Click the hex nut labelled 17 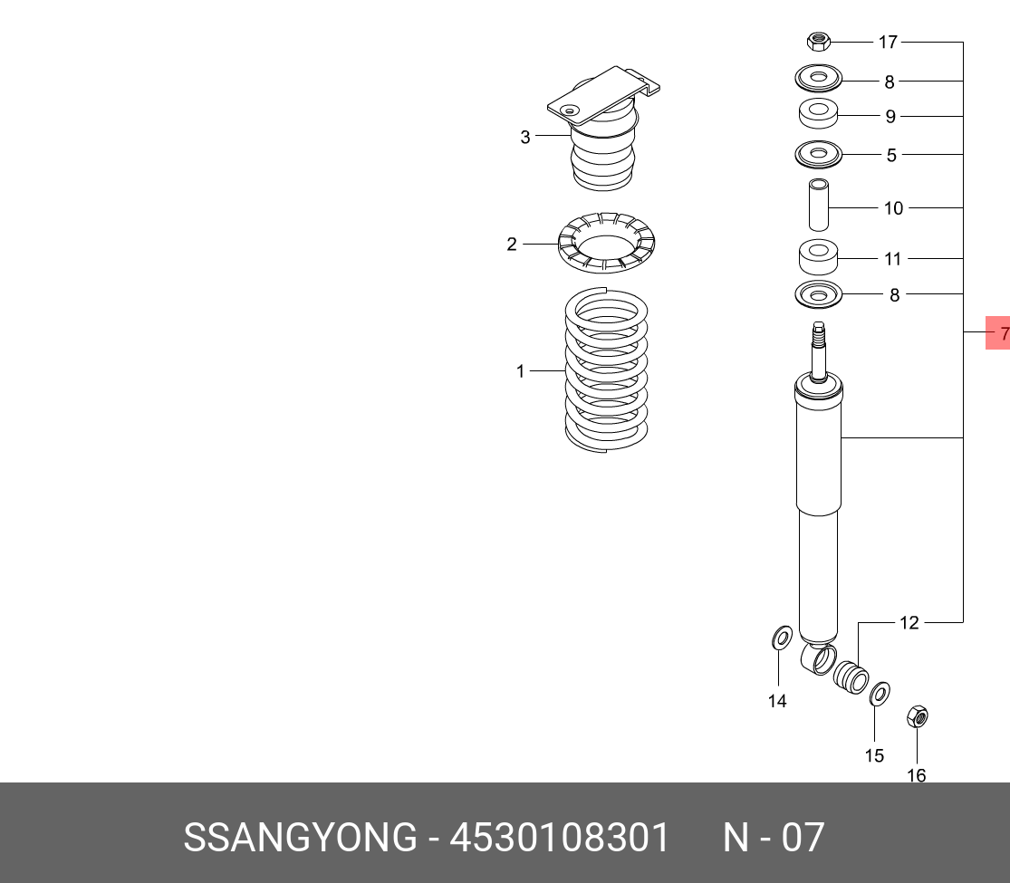pyautogui.click(x=818, y=42)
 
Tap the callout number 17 pyautogui.click(x=888, y=43)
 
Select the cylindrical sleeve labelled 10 pyautogui.click(x=819, y=204)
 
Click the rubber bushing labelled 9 pyautogui.click(x=819, y=114)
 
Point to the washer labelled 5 pyautogui.click(x=819, y=155)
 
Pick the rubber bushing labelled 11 pyautogui.click(x=819, y=256)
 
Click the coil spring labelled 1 pyautogui.click(x=606, y=370)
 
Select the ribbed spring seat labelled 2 pyautogui.click(x=606, y=242)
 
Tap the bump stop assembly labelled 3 pyautogui.click(x=603, y=129)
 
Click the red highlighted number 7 pyautogui.click(x=998, y=333)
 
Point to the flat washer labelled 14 pyautogui.click(x=782, y=638)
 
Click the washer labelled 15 pyautogui.click(x=880, y=694)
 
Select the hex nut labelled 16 pyautogui.click(x=918, y=716)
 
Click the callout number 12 pyautogui.click(x=909, y=623)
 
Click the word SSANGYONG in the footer pyautogui.click(x=300, y=838)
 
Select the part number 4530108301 pyautogui.click(x=560, y=838)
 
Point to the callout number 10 pyautogui.click(x=893, y=208)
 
